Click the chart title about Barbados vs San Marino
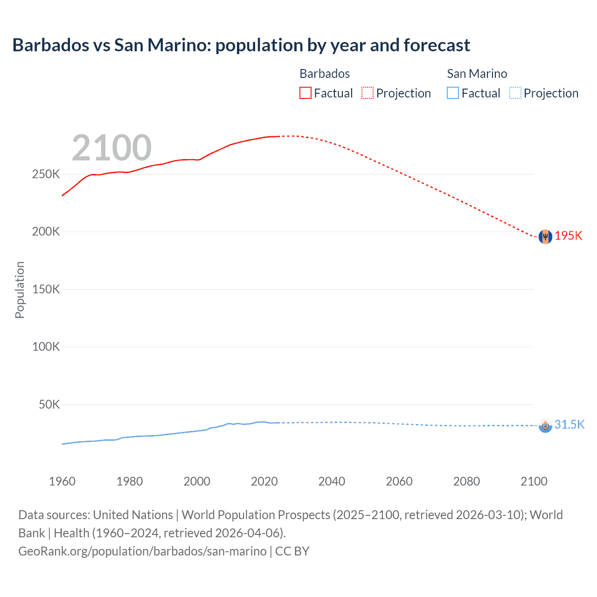pyautogui.click(x=241, y=45)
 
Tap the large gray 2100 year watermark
pyautogui.click(x=111, y=148)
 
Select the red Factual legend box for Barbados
pyautogui.click(x=305, y=93)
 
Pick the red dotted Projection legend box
pyautogui.click(x=368, y=93)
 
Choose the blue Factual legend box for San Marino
pyautogui.click(x=453, y=93)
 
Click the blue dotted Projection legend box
pyautogui.click(x=515, y=93)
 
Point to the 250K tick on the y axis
pyautogui.click(x=46, y=174)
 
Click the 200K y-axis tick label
pyautogui.click(x=46, y=232)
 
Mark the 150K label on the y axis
pyautogui.click(x=46, y=289)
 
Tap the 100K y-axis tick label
pyautogui.click(x=46, y=347)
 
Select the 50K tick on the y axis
pyautogui.click(x=49, y=404)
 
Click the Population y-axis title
pyautogui.click(x=20, y=290)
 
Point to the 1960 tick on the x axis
pyautogui.click(x=62, y=481)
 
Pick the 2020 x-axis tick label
pyautogui.click(x=264, y=481)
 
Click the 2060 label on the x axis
pyautogui.click(x=399, y=481)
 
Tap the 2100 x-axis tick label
pyautogui.click(x=534, y=481)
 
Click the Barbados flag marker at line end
pyautogui.click(x=545, y=236)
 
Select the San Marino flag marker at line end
pyautogui.click(x=545, y=425)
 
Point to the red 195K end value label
pyautogui.click(x=569, y=236)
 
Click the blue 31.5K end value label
pyautogui.click(x=569, y=424)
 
